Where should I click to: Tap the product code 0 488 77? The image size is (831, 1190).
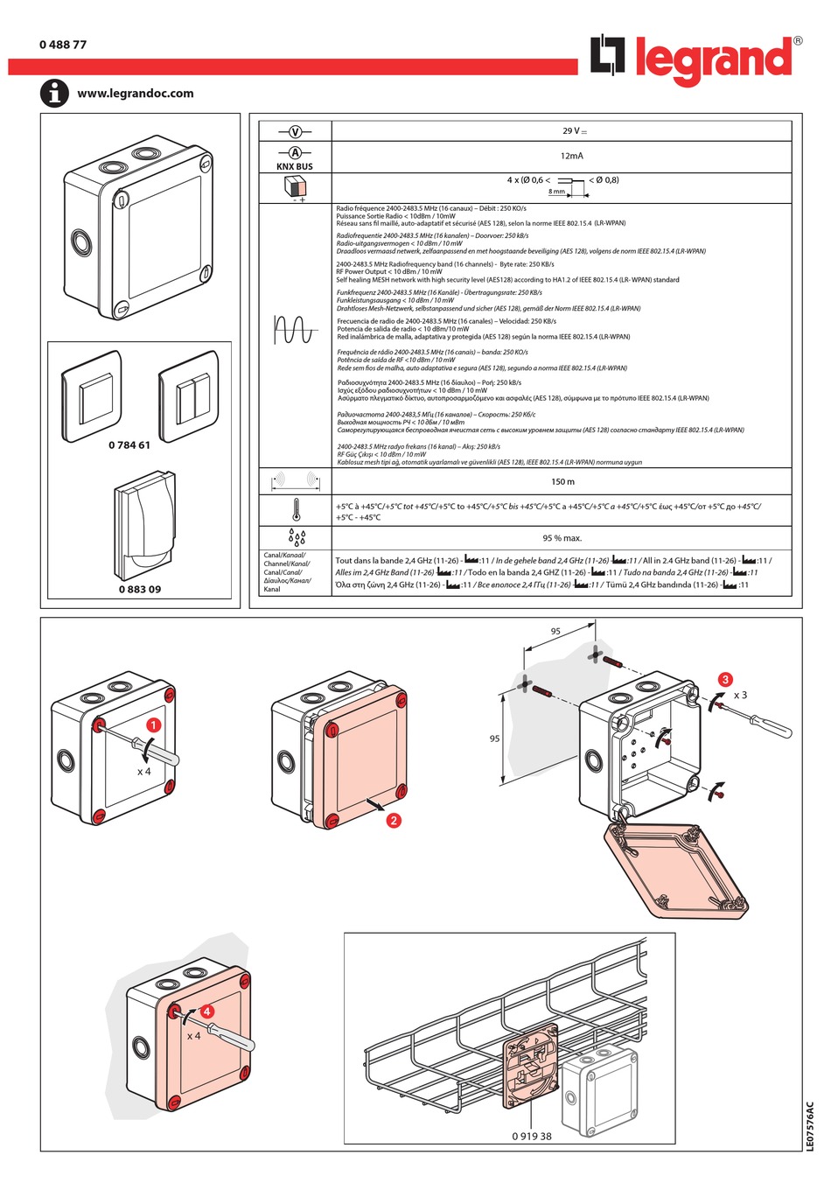[x=63, y=45]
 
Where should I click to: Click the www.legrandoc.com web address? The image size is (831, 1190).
[x=136, y=94]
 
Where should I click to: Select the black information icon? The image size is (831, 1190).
[x=54, y=93]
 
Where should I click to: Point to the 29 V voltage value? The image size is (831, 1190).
[x=575, y=131]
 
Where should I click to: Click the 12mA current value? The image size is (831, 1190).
[x=572, y=156]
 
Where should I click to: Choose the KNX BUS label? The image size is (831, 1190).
[x=295, y=166]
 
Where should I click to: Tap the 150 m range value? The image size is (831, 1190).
[x=562, y=482]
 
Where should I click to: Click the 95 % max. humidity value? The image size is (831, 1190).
[x=562, y=538]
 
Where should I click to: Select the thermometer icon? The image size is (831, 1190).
[x=297, y=510]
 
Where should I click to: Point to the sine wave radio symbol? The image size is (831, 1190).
[x=295, y=330]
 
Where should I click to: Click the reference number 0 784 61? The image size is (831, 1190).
[x=129, y=445]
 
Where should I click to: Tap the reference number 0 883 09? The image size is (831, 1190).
[x=140, y=589]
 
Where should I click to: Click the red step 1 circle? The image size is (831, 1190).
[x=154, y=724]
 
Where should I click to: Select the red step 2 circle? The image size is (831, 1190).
[x=394, y=820]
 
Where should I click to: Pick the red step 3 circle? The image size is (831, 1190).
[x=725, y=679]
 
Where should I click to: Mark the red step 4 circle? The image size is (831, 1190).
[x=207, y=1011]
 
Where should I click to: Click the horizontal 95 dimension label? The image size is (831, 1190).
[x=555, y=631]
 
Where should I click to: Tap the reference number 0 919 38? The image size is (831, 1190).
[x=532, y=1137]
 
